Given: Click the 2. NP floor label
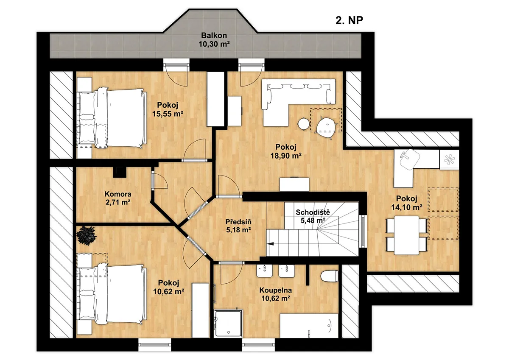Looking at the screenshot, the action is pos(349,20).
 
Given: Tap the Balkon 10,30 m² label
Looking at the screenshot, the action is pos(214,40).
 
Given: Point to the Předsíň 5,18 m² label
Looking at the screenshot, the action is pos(238,226).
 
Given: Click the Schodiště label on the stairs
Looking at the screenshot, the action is pos(313,212).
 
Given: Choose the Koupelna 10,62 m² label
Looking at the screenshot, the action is pos(276,294).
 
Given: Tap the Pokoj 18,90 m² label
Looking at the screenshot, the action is pos(286,151).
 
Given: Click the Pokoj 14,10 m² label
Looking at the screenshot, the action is pos(407,203).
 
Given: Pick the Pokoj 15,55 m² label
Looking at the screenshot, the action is pos(168,109).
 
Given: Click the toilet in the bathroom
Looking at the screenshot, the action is pos(330,276).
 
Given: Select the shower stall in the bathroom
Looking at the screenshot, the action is pos(228,324).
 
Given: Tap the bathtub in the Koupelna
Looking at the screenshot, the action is pos(309,326).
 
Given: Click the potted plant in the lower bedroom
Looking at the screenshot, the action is pos(87,235).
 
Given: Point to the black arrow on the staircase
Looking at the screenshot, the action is pos(270,244).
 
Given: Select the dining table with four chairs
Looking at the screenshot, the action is pos(406,235).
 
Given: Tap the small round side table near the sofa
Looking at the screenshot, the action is pos(304,124).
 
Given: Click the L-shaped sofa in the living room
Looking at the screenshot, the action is pos(298,102).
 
